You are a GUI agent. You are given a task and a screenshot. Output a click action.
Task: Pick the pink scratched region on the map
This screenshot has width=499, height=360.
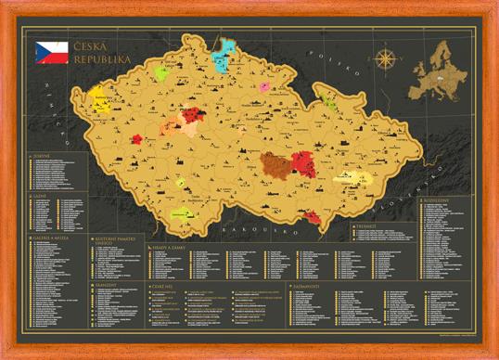pyautogui.click(x=264, y=86)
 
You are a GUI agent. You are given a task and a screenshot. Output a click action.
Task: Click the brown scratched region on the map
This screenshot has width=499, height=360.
pyautogui.click(x=275, y=166)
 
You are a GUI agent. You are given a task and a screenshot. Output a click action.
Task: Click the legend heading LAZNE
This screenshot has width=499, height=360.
pyautogui.click(x=40, y=196)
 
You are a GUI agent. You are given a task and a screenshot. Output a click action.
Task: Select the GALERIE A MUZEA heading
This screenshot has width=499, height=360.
pyautogui.click(x=50, y=237)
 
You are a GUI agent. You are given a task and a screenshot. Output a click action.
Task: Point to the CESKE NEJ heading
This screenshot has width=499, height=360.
pyautogui.click(x=163, y=287)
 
